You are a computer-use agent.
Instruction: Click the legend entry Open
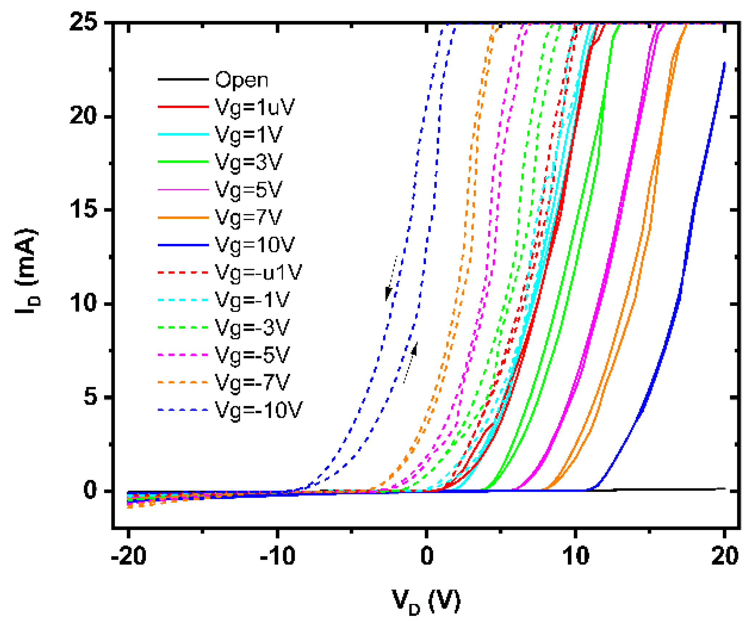pyautogui.click(x=241, y=79)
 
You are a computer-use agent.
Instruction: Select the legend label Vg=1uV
pyautogui.click(x=254, y=107)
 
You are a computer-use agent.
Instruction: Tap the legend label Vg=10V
pyautogui.click(x=254, y=245)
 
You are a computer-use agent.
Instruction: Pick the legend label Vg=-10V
pyautogui.click(x=258, y=410)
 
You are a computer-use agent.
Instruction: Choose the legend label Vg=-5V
pyautogui.click(x=252, y=355)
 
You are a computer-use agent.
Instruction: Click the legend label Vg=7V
pyautogui.click(x=248, y=217)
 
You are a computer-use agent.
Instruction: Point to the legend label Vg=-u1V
pyautogui.click(x=258, y=272)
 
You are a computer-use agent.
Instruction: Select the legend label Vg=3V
pyautogui.click(x=248, y=162)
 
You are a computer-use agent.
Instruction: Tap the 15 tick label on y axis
pyautogui.click(x=83, y=209)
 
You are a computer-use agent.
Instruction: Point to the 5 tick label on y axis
pyautogui.click(x=90, y=397)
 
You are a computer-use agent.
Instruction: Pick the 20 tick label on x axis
pyautogui.click(x=724, y=556)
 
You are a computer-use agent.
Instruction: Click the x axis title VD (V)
pyautogui.click(x=426, y=602)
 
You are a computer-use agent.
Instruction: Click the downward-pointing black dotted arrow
pyautogui.click(x=391, y=278)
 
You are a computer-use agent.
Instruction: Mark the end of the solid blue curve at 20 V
pyautogui.click(x=724, y=63)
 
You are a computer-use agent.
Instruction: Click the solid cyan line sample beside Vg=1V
pyautogui.click(x=183, y=135)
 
